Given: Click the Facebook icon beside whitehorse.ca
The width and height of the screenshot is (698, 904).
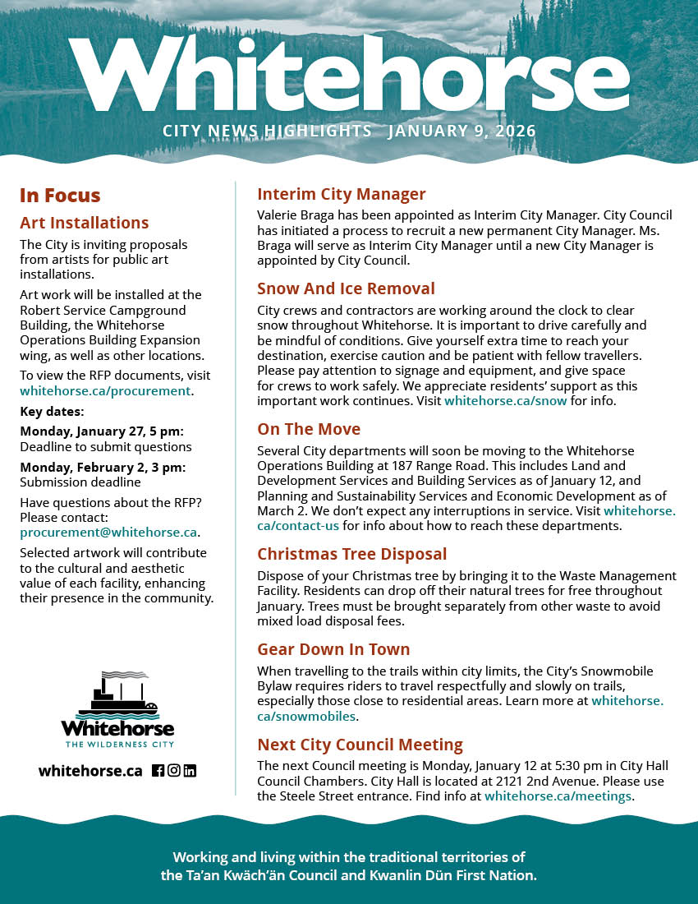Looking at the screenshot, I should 158,771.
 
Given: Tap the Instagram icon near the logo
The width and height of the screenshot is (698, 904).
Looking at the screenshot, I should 174,771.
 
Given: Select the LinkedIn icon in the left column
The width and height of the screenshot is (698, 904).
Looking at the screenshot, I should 190,771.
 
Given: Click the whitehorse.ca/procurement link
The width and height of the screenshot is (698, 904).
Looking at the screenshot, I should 105,391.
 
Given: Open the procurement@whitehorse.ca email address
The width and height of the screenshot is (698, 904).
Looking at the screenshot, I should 108,533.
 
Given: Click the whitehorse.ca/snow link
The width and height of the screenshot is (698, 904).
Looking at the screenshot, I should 505,401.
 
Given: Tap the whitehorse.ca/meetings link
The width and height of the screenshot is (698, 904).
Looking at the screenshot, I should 558,796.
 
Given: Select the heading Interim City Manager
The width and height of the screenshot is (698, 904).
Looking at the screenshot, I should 341,195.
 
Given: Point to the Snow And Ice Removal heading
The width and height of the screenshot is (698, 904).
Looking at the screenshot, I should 346,289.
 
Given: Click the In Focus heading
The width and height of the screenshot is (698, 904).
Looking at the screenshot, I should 60,196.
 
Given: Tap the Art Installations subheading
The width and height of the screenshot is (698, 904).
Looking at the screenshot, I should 85,223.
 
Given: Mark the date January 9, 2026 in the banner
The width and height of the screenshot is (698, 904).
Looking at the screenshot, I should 462,131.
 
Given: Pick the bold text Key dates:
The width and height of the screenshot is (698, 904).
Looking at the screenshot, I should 52,412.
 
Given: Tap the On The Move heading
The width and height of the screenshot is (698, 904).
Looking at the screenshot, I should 309,430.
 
